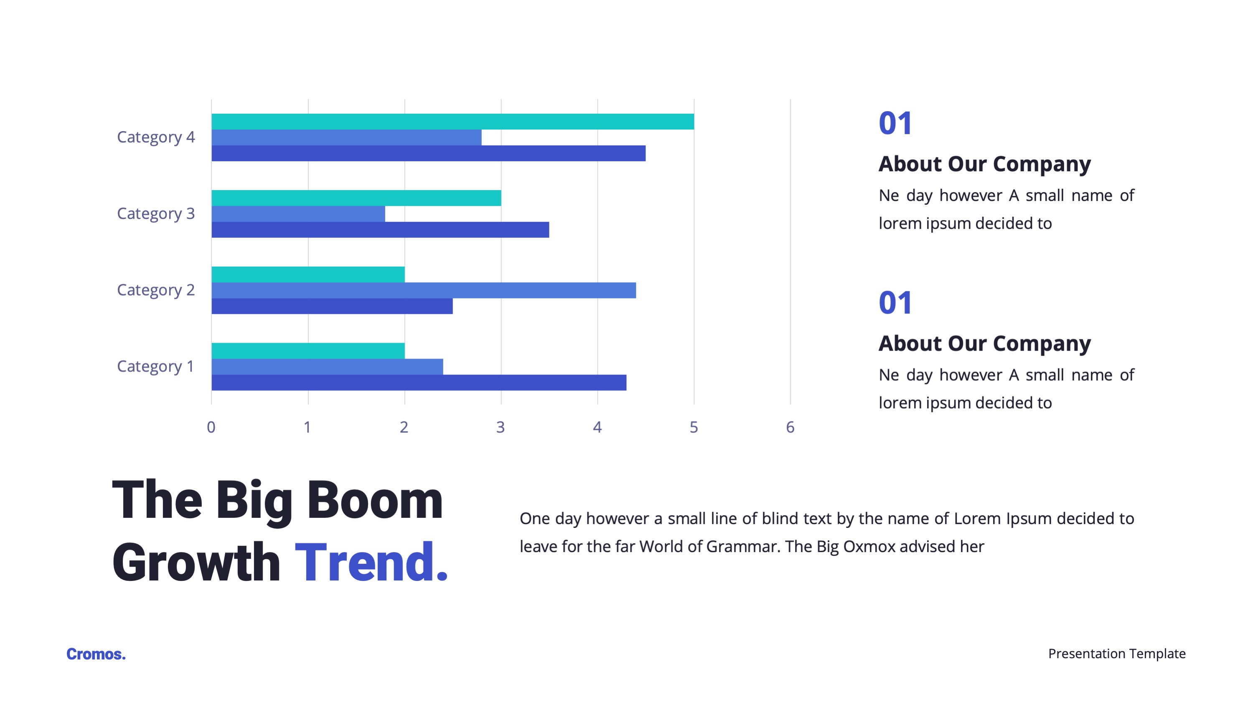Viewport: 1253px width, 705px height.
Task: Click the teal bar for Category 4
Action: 453,122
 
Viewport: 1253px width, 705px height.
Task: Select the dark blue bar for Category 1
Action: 419,382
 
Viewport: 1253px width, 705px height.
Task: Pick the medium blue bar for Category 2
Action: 424,290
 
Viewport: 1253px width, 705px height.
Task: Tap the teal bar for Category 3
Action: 356,198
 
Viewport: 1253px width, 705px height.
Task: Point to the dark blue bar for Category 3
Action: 380,230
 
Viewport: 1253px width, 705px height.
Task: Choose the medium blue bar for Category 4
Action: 346,137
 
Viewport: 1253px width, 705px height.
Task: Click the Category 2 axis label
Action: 156,290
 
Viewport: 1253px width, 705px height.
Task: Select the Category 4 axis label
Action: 156,137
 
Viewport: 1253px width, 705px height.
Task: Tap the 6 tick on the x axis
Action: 790,427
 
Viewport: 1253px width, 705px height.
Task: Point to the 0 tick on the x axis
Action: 211,427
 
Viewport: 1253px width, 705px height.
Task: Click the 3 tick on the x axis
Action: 501,427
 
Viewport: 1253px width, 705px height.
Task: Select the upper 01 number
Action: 895,123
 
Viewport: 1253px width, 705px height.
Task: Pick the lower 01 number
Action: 895,303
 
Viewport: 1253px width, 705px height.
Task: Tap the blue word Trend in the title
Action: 371,562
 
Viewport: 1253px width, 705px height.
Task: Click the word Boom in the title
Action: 375,500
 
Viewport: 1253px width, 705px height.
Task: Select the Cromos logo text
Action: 96,654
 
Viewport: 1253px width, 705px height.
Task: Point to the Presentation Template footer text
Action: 1117,654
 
